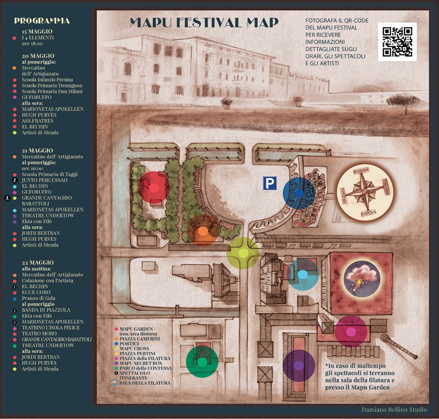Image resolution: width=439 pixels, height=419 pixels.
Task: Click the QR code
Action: coord(397,42)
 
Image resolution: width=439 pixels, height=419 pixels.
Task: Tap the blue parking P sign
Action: coord(270,183)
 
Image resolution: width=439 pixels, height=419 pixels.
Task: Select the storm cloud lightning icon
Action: coord(361,277)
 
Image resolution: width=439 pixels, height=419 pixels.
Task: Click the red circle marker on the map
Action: coord(154,188)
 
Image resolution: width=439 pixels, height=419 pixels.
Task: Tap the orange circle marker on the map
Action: coord(202,230)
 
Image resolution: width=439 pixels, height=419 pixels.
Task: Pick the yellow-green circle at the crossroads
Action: coord(243,253)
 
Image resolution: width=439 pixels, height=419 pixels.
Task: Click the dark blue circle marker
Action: coord(299,193)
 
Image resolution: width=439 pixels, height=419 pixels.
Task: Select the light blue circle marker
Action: coord(302,275)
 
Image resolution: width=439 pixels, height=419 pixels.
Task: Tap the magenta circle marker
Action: coord(351,332)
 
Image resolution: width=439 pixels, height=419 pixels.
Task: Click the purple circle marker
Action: coord(299,365)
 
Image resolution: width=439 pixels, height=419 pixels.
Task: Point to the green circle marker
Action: coord(202,362)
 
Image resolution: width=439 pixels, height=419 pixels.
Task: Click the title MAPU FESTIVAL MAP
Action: coord(204,23)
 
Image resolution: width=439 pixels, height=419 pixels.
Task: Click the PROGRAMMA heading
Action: coord(42,21)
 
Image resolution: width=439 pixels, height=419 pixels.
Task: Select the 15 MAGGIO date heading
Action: coord(37,32)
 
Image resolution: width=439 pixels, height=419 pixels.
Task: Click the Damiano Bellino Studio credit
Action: coord(394,409)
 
